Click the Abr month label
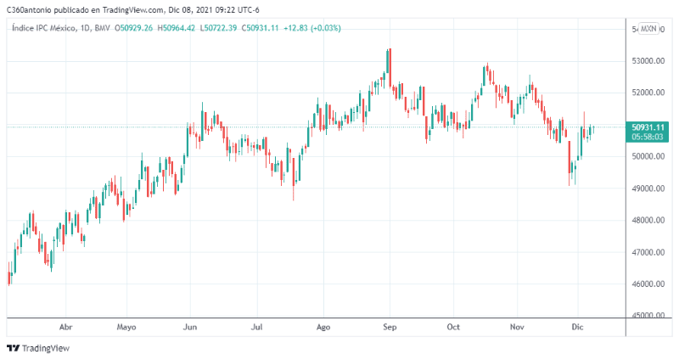click(x=65, y=326)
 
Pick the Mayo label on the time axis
click(x=126, y=326)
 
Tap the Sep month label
click(x=390, y=326)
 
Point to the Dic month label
click(x=579, y=326)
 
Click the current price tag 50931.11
click(x=648, y=127)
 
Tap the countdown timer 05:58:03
click(x=648, y=136)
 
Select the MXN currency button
click(x=648, y=29)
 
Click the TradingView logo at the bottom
click(x=38, y=348)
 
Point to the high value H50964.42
click(x=177, y=28)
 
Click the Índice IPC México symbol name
click(x=42, y=28)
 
